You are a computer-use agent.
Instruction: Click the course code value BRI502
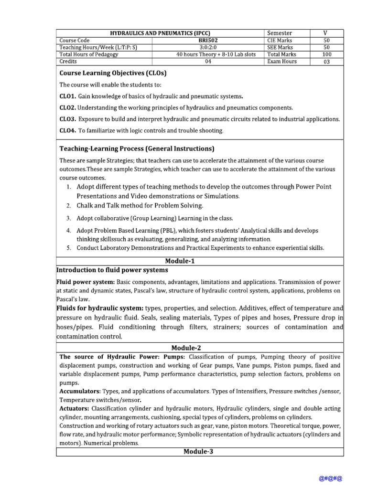[208, 41]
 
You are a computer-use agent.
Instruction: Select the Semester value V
[325, 33]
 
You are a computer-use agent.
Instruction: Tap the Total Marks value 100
[326, 54]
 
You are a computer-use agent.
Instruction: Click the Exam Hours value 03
[326, 62]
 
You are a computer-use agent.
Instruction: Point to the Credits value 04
[208, 62]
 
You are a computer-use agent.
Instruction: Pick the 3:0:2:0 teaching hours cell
[208, 47]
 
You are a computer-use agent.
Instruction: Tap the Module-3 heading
[200, 452]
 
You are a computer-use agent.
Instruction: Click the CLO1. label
[67, 96]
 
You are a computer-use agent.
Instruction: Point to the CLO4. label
[67, 130]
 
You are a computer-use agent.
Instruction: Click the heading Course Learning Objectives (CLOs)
[112, 73]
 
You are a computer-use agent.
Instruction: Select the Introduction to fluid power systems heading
[112, 270]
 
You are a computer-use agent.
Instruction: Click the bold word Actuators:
[74, 409]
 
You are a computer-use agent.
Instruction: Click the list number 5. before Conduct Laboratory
[69, 248]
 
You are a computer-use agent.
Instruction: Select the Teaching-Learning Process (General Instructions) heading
[137, 148]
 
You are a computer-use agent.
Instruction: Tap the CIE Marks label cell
[280, 41]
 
